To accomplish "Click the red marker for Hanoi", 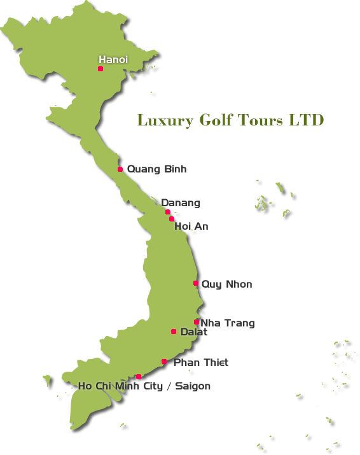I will pyautogui.click(x=100, y=69).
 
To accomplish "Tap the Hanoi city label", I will pyautogui.click(x=113, y=59).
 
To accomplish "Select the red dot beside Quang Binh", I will pyautogui.click(x=120, y=169).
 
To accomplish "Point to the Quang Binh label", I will pyautogui.click(x=156, y=169).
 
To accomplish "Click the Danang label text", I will pyautogui.click(x=181, y=203).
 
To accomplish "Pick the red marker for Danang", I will pyautogui.click(x=167, y=212).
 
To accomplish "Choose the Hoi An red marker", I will pyautogui.click(x=172, y=219).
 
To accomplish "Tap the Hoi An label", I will pyautogui.click(x=191, y=227).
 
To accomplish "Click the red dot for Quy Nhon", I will pyautogui.click(x=196, y=283).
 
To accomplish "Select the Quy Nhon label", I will pyautogui.click(x=226, y=284).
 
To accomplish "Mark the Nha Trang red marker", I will pyautogui.click(x=197, y=322).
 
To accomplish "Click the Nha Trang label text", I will pyautogui.click(x=228, y=323).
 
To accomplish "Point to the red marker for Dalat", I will pyautogui.click(x=174, y=332).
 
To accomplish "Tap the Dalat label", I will pyautogui.click(x=194, y=332).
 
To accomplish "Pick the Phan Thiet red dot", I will pyautogui.click(x=164, y=361).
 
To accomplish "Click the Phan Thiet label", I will pyautogui.click(x=201, y=363).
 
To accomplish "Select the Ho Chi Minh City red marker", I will pyautogui.click(x=139, y=377).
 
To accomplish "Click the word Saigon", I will pyautogui.click(x=193, y=386).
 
